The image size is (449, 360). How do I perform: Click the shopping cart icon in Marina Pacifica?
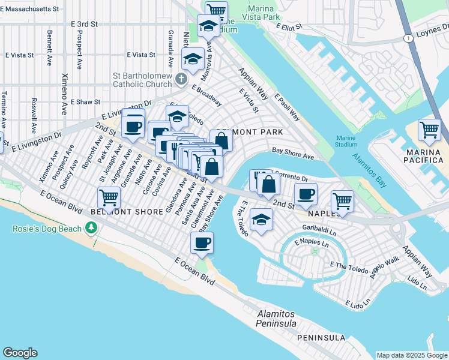(429, 130)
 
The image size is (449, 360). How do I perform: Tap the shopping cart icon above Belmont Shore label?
(109, 197)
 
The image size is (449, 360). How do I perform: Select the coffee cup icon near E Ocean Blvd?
(202, 242)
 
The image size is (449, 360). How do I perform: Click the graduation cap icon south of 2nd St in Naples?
(261, 220)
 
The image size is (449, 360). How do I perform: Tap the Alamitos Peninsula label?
(276, 319)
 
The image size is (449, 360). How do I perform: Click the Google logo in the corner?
(20, 353)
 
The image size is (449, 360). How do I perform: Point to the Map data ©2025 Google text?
(412, 355)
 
